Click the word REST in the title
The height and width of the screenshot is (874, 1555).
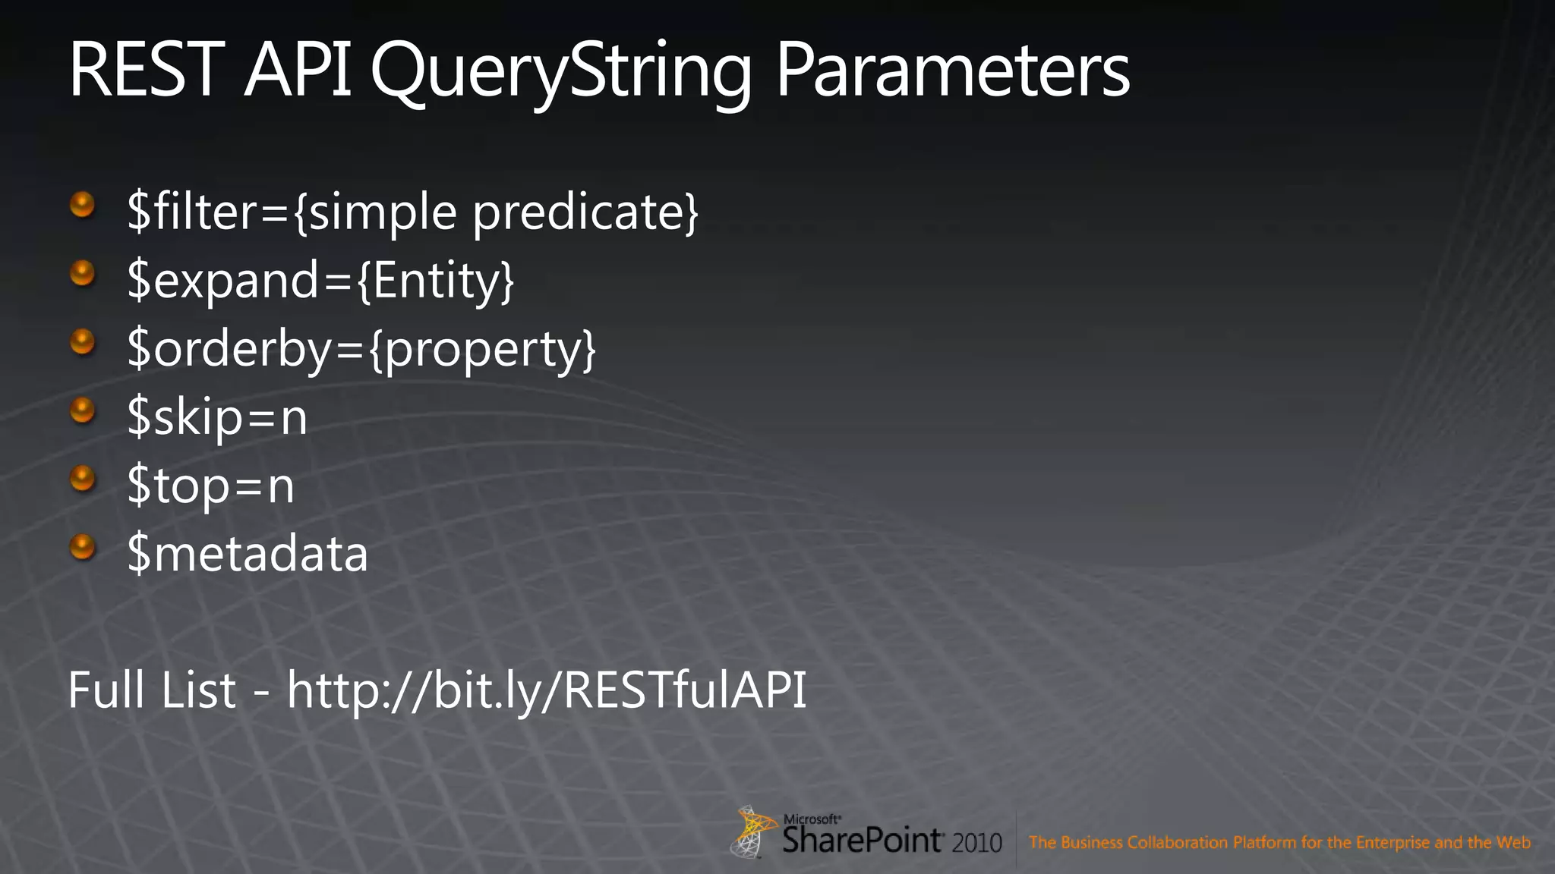147,70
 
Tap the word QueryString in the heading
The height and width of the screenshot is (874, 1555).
560,72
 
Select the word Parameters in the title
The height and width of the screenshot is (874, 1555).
952,70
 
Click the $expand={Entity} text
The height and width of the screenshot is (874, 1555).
321,280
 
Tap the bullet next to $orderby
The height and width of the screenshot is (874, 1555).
82,341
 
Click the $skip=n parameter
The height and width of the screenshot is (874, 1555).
217,417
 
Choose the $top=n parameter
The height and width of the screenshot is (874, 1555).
210,486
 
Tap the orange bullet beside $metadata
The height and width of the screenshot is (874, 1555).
82,546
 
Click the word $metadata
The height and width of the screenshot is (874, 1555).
248,553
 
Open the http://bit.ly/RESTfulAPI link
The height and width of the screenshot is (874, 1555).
546,690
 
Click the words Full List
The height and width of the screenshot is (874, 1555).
152,690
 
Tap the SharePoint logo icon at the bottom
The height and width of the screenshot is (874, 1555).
752,832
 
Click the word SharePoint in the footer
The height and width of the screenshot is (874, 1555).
862,841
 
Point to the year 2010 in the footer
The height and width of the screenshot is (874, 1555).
976,843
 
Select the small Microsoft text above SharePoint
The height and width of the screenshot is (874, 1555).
811,819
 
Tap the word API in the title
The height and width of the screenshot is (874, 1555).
298,70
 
